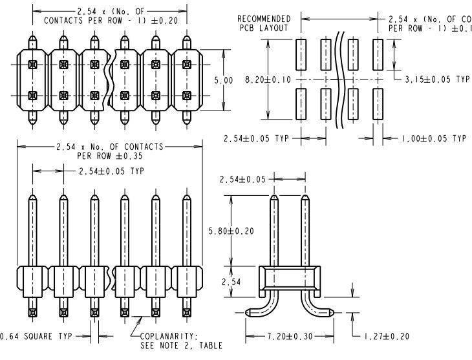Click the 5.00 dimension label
pyautogui.click(x=224, y=81)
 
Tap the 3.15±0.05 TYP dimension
pyautogui.click(x=436, y=79)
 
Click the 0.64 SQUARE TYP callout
pyautogui.click(x=36, y=336)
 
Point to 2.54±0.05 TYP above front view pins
pyautogui.click(x=111, y=171)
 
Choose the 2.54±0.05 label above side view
pyautogui.click(x=242, y=179)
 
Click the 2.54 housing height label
pyautogui.click(x=230, y=282)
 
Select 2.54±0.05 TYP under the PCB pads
pyautogui.click(x=257, y=138)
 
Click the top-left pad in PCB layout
pyautogui.click(x=301, y=56)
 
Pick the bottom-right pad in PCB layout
pyautogui.click(x=378, y=103)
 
